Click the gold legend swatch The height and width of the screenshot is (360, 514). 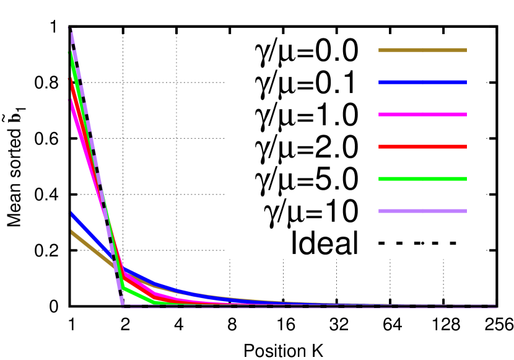pyautogui.click(x=422, y=50)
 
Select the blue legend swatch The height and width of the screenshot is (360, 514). pyautogui.click(x=422, y=82)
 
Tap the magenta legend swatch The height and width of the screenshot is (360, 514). pyautogui.click(x=422, y=115)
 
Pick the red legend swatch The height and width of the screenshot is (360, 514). pyautogui.click(x=422, y=147)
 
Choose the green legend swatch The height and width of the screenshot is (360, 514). pyautogui.click(x=422, y=179)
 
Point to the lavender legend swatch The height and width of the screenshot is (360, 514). pyautogui.click(x=422, y=211)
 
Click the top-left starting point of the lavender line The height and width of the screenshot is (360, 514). pyautogui.click(x=71, y=29)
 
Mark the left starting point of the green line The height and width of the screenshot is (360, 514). pyautogui.click(x=71, y=54)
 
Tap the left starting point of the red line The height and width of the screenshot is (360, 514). pyautogui.click(x=71, y=81)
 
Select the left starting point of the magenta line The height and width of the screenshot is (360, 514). pyautogui.click(x=71, y=102)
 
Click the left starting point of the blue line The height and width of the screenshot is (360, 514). pyautogui.click(x=72, y=214)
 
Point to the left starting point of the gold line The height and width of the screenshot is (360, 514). pyautogui.click(x=72, y=232)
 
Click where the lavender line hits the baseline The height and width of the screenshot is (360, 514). pyautogui.click(x=123, y=305)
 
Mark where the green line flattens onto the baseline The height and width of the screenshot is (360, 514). pyautogui.click(x=154, y=303)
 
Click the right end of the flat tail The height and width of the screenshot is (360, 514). pyautogui.click(x=495, y=306)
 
